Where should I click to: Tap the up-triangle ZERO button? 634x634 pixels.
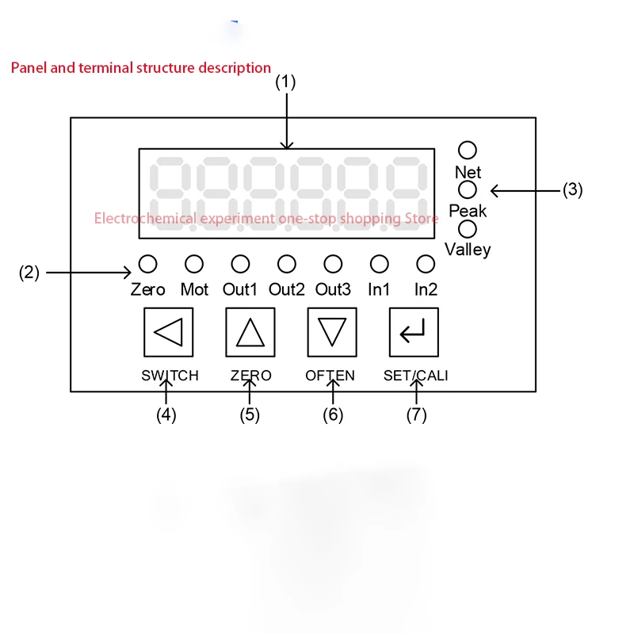click(x=250, y=332)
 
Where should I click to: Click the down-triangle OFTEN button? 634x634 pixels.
click(x=332, y=332)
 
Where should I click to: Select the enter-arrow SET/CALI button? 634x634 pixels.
click(x=414, y=332)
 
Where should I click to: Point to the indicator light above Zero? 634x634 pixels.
click(x=148, y=263)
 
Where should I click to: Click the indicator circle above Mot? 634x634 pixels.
click(x=194, y=263)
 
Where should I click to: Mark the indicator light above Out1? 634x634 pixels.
click(x=240, y=263)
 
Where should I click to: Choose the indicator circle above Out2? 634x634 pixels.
click(x=287, y=263)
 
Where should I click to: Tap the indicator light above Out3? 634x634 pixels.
click(x=334, y=263)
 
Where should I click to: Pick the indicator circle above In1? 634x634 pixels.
click(x=380, y=263)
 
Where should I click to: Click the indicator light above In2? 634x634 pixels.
click(x=426, y=263)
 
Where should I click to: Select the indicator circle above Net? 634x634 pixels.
click(x=468, y=150)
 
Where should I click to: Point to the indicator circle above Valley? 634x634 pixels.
click(x=468, y=229)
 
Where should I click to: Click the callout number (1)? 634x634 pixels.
click(x=285, y=82)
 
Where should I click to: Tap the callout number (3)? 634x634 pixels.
click(x=573, y=190)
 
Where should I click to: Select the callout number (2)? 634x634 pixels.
click(x=29, y=273)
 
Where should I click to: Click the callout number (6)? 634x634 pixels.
click(x=333, y=414)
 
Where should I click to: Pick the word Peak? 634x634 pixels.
click(x=468, y=211)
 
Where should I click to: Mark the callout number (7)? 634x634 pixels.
click(x=416, y=414)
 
